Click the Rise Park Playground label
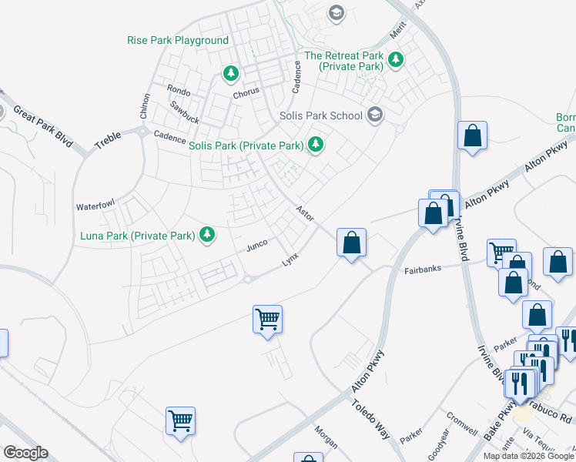[179, 40]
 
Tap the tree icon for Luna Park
[206, 234]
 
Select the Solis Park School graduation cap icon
[375, 115]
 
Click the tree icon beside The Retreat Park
[396, 59]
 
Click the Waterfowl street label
[95, 206]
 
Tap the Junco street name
[256, 246]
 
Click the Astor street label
[305, 213]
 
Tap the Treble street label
[108, 138]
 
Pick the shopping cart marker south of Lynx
[267, 318]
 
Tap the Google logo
[25, 453]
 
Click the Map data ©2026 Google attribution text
[528, 456]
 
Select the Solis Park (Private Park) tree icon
[315, 144]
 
